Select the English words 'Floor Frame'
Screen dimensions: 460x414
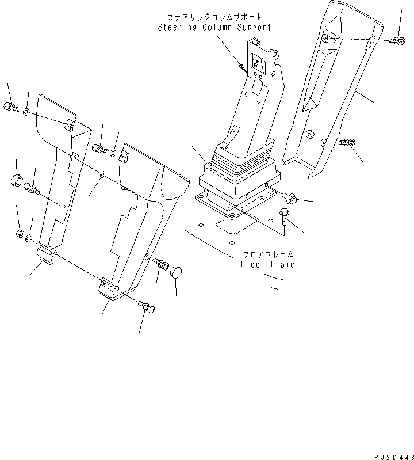tap(267, 264)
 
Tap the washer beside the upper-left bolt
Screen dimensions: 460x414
tap(28, 109)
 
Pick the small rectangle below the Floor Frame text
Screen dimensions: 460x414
tap(274, 282)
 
